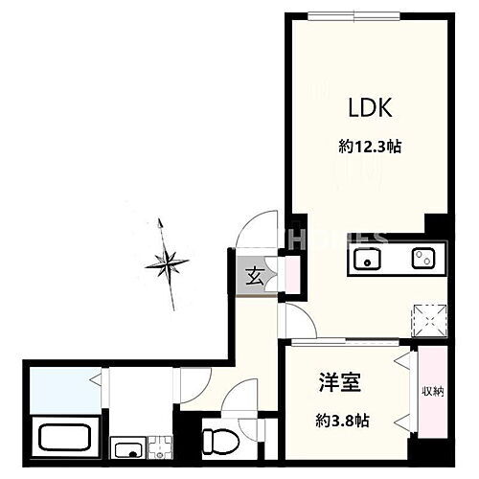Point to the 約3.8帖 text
click(x=343, y=418)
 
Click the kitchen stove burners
click(x=421, y=258)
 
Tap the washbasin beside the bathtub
click(x=127, y=445)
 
